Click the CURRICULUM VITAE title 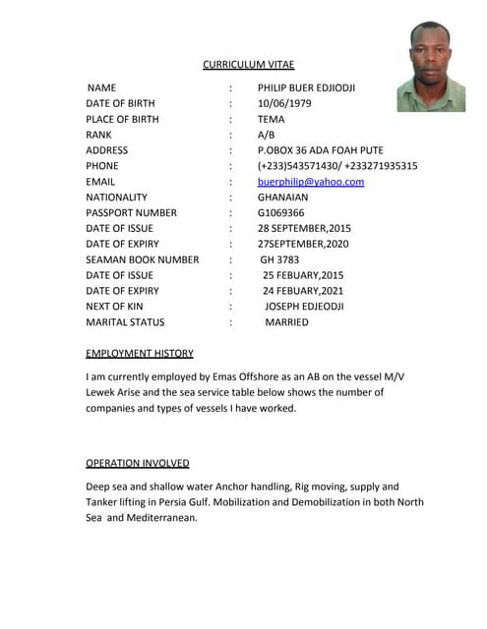tap(248, 65)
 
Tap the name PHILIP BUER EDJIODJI tap(306, 88)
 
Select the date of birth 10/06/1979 tap(284, 103)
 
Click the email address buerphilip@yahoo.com tap(311, 182)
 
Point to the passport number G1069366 tap(281, 213)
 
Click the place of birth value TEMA tap(271, 119)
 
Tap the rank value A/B tap(266, 135)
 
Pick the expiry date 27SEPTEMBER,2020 tap(303, 244)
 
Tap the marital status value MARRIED tap(286, 322)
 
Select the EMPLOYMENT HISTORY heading tap(140, 353)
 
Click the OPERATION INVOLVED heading tap(138, 463)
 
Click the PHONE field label tap(102, 166)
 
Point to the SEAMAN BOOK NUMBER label tap(143, 259)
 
